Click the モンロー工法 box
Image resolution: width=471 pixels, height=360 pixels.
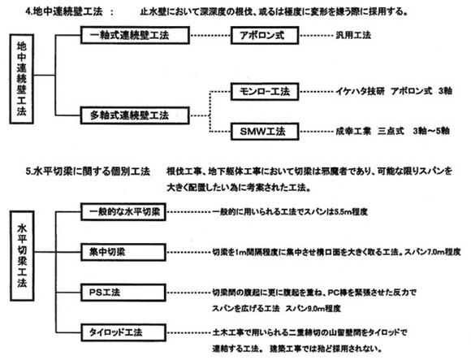tap(262, 93)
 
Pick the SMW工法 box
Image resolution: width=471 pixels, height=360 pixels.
tap(261, 130)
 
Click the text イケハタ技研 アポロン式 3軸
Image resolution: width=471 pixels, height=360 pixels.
tap(389, 93)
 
